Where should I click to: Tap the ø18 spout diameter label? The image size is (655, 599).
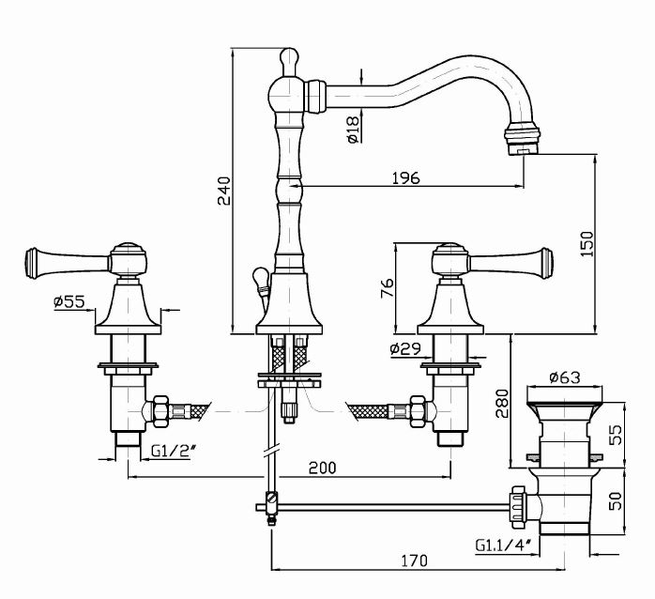(353, 128)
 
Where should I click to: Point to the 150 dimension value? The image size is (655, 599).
(586, 242)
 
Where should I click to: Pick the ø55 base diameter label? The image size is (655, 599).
(70, 301)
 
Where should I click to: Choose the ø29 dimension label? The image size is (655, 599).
(405, 349)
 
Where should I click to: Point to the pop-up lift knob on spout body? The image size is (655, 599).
(260, 277)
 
